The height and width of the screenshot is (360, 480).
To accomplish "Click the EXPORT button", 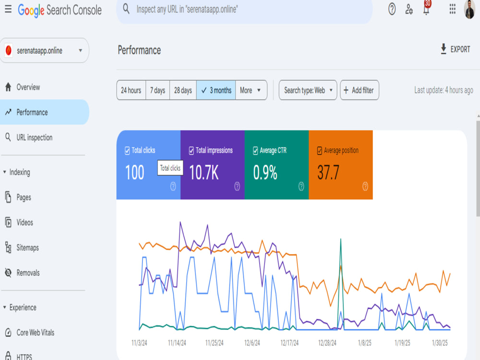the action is (455, 49).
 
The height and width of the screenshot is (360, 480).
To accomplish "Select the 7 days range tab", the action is (157, 90).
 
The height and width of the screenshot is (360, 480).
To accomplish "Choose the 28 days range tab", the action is (183, 90).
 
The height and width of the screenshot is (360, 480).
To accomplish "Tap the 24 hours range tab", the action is (131, 90).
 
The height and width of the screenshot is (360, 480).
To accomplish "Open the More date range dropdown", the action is (251, 90).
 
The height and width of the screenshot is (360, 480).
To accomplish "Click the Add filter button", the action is (360, 90).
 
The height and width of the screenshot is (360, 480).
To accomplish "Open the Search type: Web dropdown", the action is (308, 90).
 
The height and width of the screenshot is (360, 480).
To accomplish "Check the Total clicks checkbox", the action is (127, 151).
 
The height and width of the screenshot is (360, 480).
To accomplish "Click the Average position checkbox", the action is (320, 151).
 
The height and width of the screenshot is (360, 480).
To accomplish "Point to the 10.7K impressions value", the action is (204, 172).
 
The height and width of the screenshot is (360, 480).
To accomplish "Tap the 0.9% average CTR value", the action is (265, 172).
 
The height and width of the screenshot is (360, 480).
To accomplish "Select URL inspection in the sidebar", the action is (34, 137).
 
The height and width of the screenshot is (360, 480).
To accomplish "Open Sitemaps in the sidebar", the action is (27, 248).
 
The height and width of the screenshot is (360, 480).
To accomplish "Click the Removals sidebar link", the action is (28, 273).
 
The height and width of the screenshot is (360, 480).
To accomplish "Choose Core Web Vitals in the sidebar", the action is (35, 333).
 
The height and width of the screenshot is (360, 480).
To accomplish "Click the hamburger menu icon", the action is (8, 9).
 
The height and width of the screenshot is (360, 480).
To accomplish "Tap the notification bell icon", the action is (426, 9).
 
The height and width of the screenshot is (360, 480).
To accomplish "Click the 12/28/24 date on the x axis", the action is (327, 343).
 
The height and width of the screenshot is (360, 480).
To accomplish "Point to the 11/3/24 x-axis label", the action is (139, 343).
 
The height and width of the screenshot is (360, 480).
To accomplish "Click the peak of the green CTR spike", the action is (341, 239).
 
